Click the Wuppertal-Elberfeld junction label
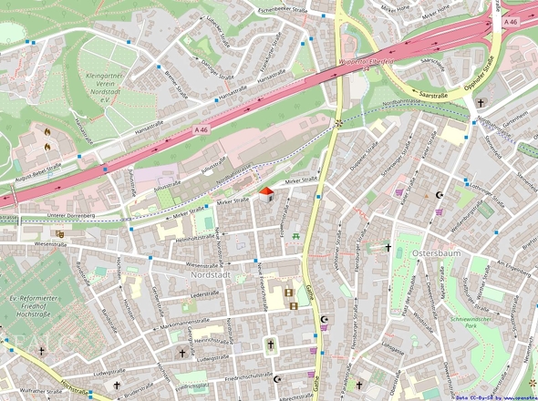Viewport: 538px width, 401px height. [x=364, y=60]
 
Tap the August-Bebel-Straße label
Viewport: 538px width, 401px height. [x=38, y=173]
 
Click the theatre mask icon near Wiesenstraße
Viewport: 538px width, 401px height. [x=60, y=233]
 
